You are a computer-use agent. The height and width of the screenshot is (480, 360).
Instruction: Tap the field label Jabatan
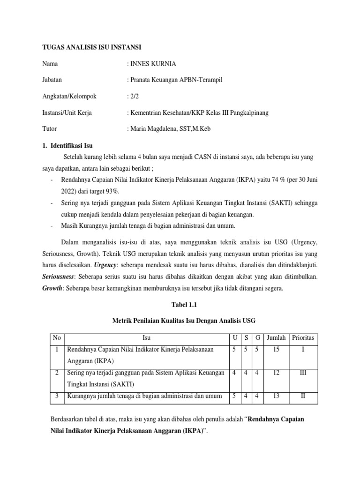(x=52, y=80)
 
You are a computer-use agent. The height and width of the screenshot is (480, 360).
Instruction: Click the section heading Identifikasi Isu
(x=72, y=146)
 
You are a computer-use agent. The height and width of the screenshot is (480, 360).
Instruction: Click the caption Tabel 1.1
(x=180, y=304)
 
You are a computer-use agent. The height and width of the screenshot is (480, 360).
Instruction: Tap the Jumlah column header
(x=276, y=337)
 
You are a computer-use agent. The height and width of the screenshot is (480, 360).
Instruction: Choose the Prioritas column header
(x=303, y=337)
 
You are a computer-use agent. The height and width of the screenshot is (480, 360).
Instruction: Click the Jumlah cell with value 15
(x=276, y=349)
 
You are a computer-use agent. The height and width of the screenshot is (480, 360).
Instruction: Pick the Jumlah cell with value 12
(x=276, y=373)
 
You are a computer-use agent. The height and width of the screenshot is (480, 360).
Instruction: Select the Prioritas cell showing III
(x=303, y=373)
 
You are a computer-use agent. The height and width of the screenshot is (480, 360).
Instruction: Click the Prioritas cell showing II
(x=303, y=397)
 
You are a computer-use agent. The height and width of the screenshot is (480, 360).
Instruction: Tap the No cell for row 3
(x=56, y=397)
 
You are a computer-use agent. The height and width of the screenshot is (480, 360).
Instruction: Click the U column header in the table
(x=234, y=337)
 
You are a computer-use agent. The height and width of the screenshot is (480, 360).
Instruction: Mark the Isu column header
(x=146, y=337)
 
